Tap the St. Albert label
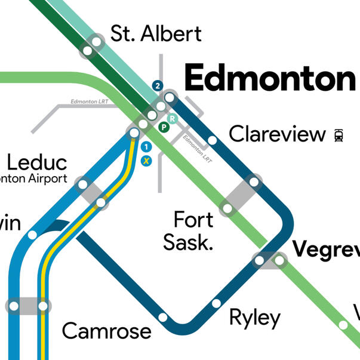coord(156,33)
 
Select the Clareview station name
coord(278,134)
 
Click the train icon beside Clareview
coord(339,135)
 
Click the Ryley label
coord(255,318)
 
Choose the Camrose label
coord(107,330)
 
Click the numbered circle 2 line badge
coord(158,86)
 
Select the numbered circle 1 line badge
coord(146,146)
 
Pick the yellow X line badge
coord(146,160)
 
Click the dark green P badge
coord(163,126)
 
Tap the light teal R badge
coord(172,118)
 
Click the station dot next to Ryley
coord(216,304)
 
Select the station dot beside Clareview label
coord(212,141)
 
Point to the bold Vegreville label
coord(325,248)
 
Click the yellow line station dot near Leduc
coord(101,203)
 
